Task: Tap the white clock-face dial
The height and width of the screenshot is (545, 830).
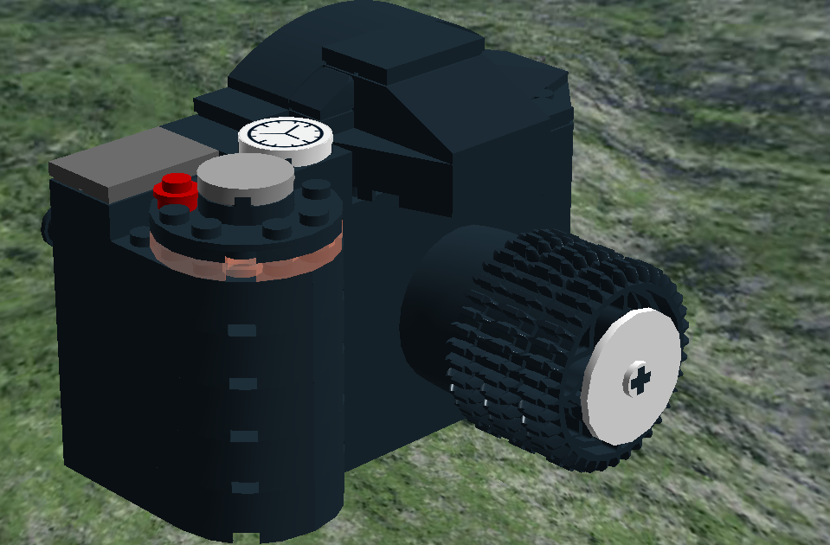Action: (x=286, y=136)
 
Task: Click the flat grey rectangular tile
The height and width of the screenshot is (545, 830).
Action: (x=120, y=162)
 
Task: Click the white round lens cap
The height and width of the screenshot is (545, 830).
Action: (x=630, y=376)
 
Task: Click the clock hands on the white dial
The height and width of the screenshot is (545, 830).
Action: (x=292, y=133)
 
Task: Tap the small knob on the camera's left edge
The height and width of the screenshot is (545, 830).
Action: (x=47, y=226)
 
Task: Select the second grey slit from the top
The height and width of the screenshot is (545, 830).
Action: (x=244, y=383)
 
